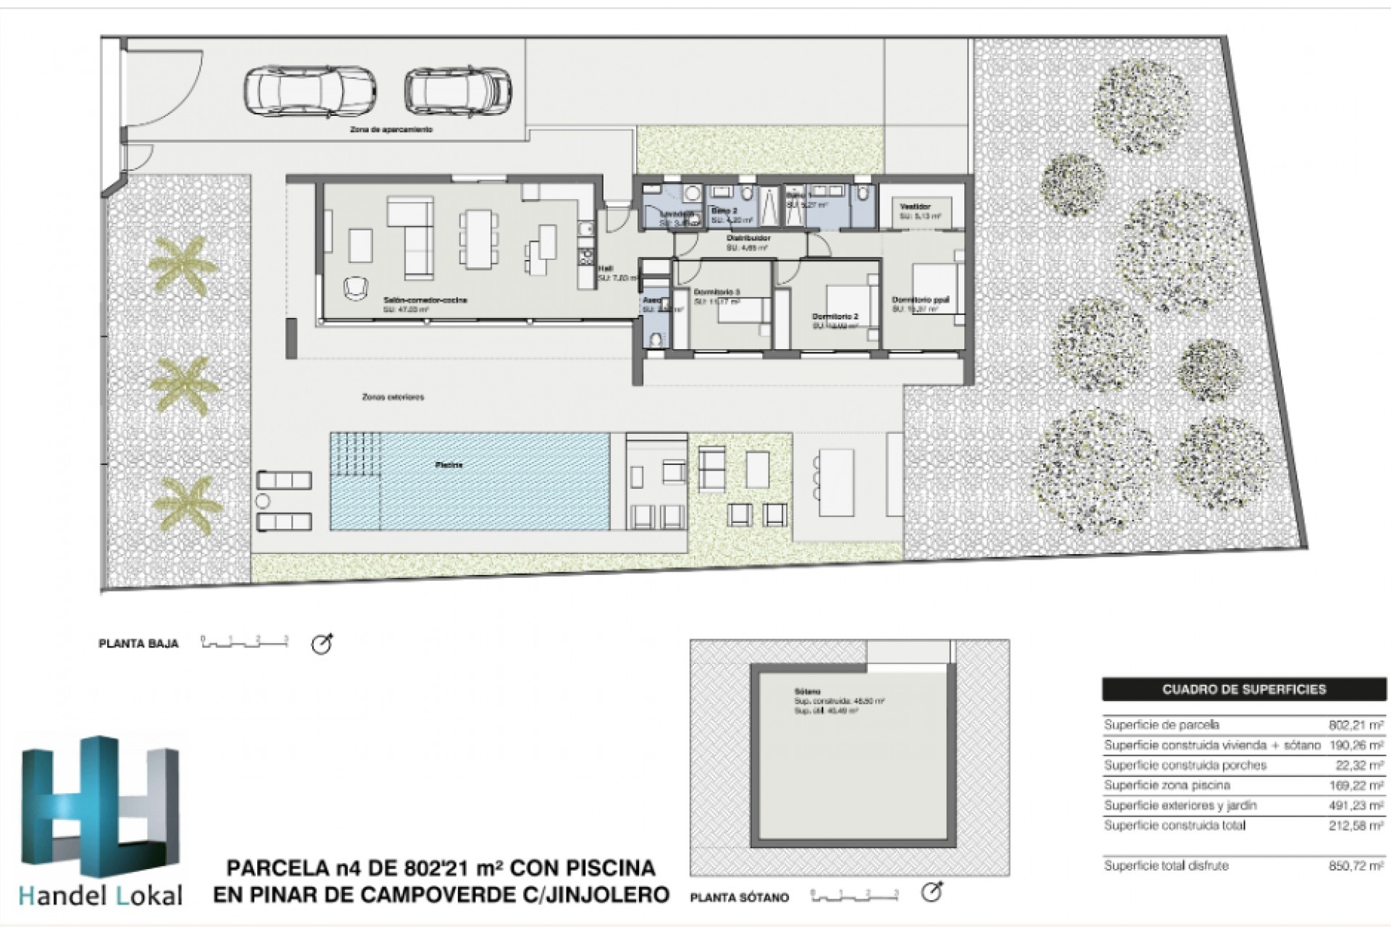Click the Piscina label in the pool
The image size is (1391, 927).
click(448, 464)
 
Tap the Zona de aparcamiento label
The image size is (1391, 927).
click(391, 130)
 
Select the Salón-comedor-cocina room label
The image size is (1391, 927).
click(425, 300)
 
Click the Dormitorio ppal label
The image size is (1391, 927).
click(920, 300)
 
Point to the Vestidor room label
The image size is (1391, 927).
click(915, 207)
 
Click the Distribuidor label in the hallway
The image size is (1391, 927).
click(748, 238)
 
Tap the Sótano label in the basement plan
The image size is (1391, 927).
click(807, 692)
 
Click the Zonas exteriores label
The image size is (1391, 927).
click(393, 397)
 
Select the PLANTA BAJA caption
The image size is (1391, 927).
click(138, 643)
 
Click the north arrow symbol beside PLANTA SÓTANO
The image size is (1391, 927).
click(932, 892)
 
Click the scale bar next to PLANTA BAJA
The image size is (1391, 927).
click(245, 642)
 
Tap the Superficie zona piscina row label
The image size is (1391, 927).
click(1166, 785)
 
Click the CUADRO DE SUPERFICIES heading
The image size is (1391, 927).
click(1243, 689)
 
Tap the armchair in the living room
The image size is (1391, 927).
click(354, 288)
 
